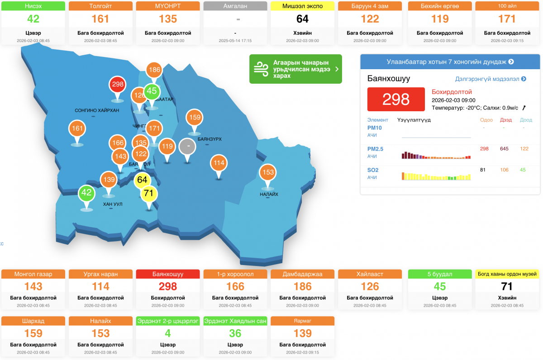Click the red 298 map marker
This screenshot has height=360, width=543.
pos(118,85)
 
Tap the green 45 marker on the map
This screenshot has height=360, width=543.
pos(152,91)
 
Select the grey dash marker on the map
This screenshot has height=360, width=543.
pos(187,147)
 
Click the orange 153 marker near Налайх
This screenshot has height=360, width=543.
pos(268,172)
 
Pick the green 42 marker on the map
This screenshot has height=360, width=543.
pos(86,193)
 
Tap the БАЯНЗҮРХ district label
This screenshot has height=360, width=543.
pos(210,139)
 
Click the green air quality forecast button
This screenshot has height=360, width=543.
pos(295,69)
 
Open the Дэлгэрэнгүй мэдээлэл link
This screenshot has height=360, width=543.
pos(490,79)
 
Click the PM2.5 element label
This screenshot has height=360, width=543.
pos(376,149)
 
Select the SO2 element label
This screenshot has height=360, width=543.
pos(373,170)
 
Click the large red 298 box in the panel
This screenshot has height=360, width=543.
pos(396,99)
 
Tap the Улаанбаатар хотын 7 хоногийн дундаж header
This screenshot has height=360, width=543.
pos(450,62)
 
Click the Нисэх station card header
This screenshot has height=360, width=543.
pos(33,6)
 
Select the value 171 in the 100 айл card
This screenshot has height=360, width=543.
pos(507,19)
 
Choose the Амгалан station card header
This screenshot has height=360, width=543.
pos(235,6)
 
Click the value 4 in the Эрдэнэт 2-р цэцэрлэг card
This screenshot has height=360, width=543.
pos(168,333)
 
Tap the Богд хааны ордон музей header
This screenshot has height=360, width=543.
pos(507,274)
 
